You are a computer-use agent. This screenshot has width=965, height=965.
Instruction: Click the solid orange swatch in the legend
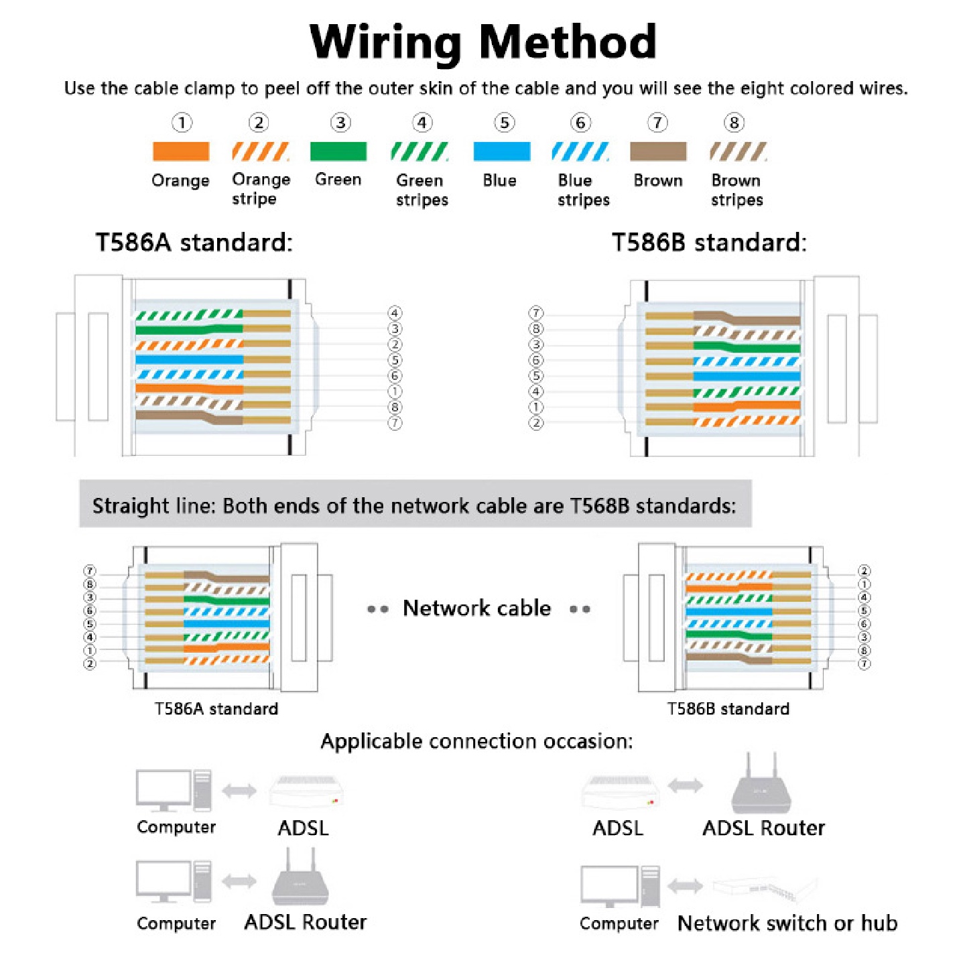pyautogui.click(x=181, y=151)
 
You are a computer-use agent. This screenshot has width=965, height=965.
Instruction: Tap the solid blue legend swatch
pyautogui.click(x=501, y=151)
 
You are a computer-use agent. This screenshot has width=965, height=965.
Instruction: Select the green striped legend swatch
pyautogui.click(x=420, y=151)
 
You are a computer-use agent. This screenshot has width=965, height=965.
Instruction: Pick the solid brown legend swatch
pyautogui.click(x=658, y=151)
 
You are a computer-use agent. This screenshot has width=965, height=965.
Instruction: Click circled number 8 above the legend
pyautogui.click(x=734, y=123)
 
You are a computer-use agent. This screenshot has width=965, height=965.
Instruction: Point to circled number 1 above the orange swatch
pyautogui.click(x=182, y=123)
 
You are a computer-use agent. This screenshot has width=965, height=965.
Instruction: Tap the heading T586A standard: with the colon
pyautogui.click(x=194, y=243)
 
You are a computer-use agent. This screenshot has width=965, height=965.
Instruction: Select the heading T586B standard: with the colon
pyautogui.click(x=709, y=243)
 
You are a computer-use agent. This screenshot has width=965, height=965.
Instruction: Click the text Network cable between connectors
pyautogui.click(x=476, y=608)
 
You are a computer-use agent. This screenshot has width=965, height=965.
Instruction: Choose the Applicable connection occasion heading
pyautogui.click(x=476, y=742)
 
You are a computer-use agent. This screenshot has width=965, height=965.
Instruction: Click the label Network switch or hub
pyautogui.click(x=787, y=923)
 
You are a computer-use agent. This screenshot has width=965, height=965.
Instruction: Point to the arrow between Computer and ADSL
pyautogui.click(x=239, y=791)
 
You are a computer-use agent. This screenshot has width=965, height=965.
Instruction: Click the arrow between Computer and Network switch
pyautogui.click(x=685, y=886)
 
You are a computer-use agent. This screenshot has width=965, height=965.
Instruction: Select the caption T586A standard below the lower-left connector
pyautogui.click(x=216, y=708)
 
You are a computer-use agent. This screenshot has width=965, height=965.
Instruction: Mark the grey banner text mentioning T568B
pyautogui.click(x=415, y=506)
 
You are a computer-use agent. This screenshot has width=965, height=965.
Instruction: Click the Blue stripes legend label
pyautogui.click(x=584, y=190)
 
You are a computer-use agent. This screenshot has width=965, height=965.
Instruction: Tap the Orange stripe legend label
pyautogui.click(x=261, y=189)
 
